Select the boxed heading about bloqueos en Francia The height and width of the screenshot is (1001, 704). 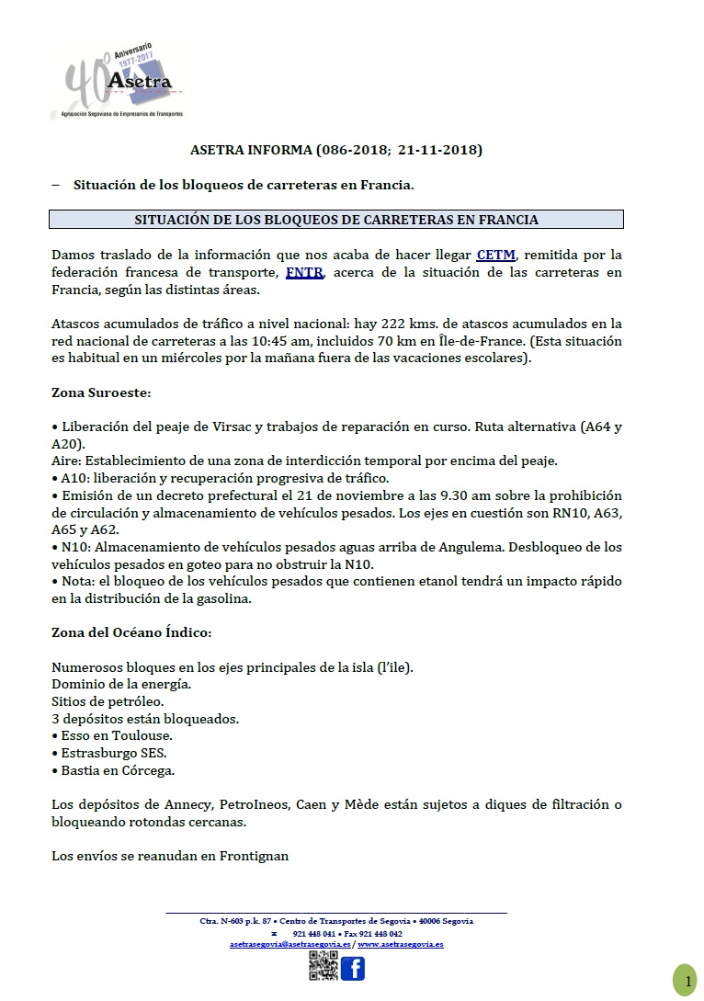coord(335,220)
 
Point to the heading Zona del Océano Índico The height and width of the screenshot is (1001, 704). coord(132,633)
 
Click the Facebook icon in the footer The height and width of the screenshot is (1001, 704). coord(352,968)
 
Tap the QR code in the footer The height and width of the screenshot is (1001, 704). coord(323,967)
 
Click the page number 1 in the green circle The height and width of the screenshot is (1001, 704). coord(685,980)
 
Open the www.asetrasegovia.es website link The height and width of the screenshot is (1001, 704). coord(401,944)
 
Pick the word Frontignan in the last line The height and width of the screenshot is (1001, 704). coord(254,856)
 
